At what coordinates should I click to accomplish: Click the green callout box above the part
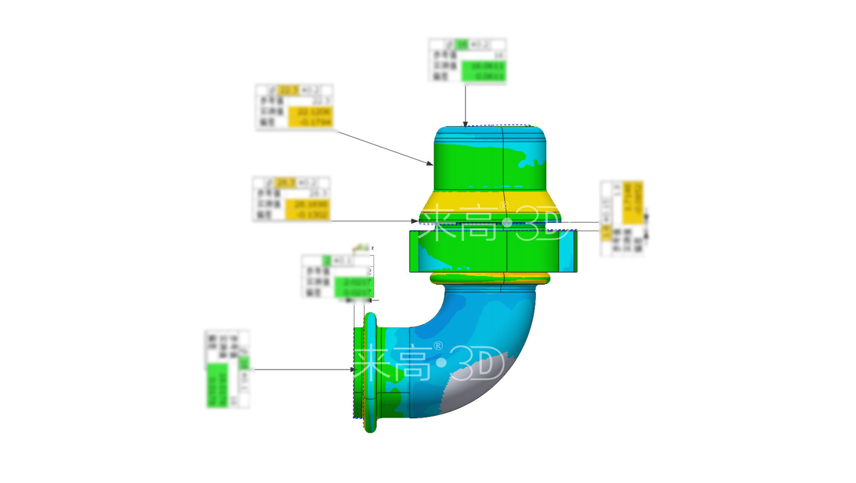click(467, 61)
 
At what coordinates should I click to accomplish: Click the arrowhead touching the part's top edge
click(465, 124)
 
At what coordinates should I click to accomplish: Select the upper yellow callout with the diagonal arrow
click(294, 107)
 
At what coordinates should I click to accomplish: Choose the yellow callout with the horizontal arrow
click(291, 199)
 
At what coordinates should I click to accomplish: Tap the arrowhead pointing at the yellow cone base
click(415, 221)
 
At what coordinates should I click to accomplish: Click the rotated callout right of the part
click(622, 218)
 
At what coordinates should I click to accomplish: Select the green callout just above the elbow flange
click(337, 276)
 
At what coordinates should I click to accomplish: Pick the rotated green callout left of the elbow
click(227, 369)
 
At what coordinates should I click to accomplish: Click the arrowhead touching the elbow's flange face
click(352, 369)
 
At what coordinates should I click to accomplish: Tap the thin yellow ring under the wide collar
click(490, 279)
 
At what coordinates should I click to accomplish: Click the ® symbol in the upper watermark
click(504, 205)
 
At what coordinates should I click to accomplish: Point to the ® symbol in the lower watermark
click(438, 346)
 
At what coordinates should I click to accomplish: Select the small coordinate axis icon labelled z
click(364, 248)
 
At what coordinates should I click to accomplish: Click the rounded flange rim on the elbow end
click(370, 373)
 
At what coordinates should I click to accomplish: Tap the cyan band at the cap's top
click(490, 135)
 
